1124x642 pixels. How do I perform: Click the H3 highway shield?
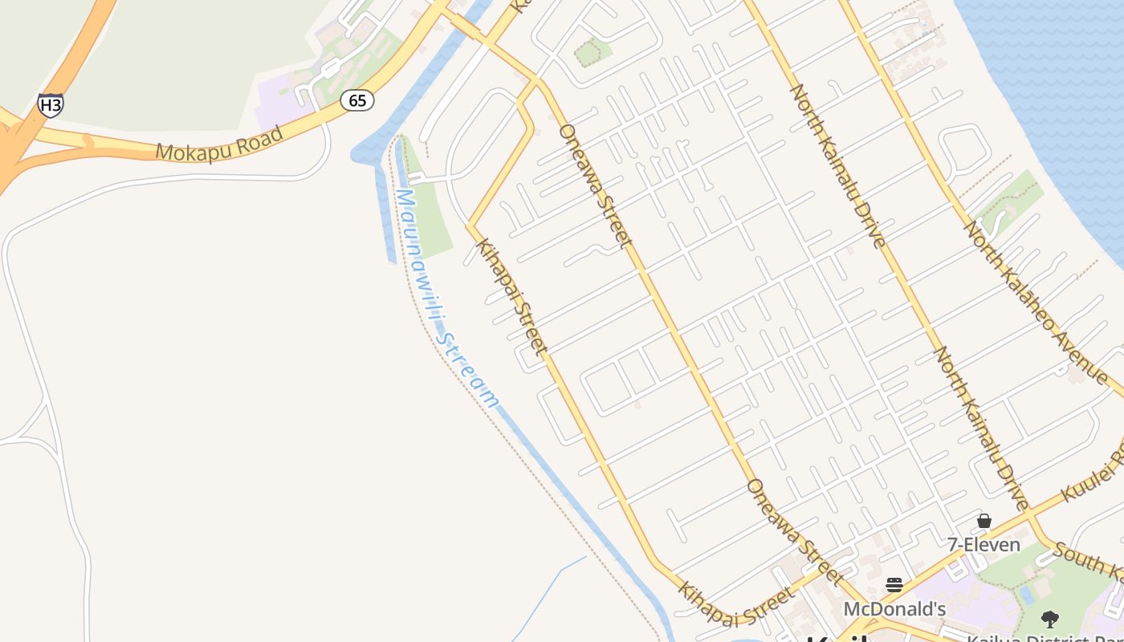pos(50,104)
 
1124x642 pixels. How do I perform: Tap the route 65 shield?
pos(357,100)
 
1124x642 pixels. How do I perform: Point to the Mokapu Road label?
pos(220,144)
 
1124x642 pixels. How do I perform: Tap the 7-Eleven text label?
pos(983,545)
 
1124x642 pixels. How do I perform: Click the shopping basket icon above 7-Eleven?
pos(984,522)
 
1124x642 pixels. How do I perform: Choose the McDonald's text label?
pos(894,609)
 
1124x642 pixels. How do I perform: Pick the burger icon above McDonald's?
pos(894,585)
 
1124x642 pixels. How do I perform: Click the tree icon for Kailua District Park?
pos(1049,619)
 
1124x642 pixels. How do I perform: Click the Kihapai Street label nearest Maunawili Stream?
pos(511,296)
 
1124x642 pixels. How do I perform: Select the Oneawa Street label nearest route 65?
pos(595,185)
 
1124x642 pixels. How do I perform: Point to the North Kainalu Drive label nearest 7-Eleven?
pos(981,429)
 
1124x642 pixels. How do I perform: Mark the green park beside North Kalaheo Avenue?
pos(1013,201)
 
